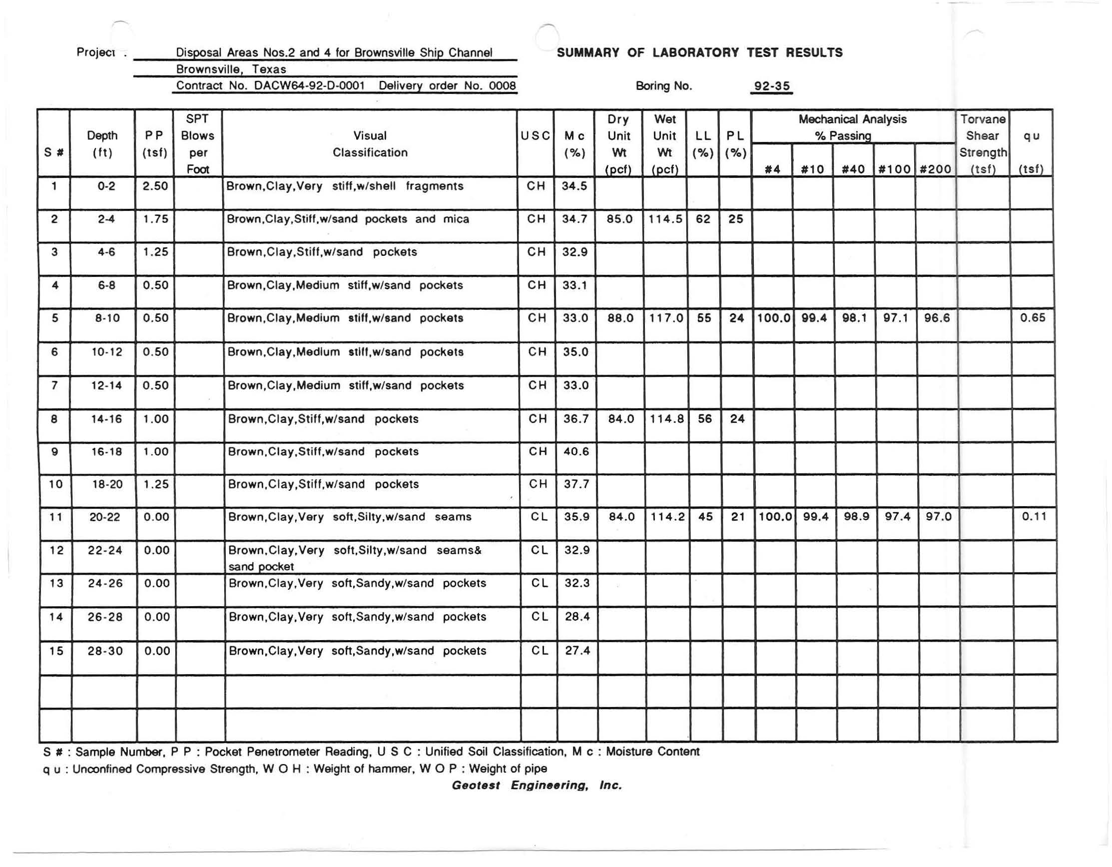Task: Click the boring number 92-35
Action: coord(772,86)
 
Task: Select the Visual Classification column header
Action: coord(370,144)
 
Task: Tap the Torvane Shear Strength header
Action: coord(983,144)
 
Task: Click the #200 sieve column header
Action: coord(936,169)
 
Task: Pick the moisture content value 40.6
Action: coord(576,452)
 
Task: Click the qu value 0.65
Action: coord(1033,318)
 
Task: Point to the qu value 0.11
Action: coord(1034,517)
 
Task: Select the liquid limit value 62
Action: coord(703,219)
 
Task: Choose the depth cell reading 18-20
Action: coord(107,484)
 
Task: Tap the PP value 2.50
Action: coord(155,186)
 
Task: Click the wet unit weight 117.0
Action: coord(666,318)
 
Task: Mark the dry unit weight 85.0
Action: coord(619,219)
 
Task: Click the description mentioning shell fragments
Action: coord(345,186)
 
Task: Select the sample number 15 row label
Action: coord(56,651)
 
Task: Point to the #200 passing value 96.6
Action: coord(937,318)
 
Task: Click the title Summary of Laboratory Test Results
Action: coord(699,53)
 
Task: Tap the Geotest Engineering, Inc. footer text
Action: coord(537,786)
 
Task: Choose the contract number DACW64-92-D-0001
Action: coord(310,86)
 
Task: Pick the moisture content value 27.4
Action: coord(577,651)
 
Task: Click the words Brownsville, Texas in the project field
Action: coord(231,69)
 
